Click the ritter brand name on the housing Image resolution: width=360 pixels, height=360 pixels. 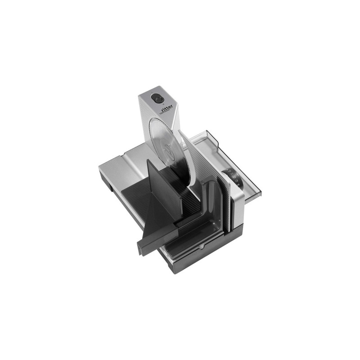point(167,110)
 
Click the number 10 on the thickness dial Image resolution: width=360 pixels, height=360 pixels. point(229,171)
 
